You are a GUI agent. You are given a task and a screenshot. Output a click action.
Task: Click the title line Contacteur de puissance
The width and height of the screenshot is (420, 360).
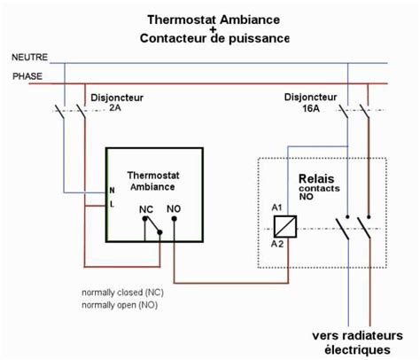pyautogui.click(x=214, y=38)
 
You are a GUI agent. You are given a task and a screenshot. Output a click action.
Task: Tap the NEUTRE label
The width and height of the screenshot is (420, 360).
pyautogui.click(x=29, y=57)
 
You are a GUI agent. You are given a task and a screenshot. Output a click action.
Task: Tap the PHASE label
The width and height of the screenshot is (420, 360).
pyautogui.click(x=27, y=76)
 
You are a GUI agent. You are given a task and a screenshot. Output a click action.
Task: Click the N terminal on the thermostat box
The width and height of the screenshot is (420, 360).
pyautogui.click(x=111, y=191)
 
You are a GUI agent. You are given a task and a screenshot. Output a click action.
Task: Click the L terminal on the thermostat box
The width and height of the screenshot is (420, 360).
pyautogui.click(x=111, y=204)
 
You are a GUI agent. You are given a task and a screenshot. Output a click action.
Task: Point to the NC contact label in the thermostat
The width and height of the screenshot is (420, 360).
pyautogui.click(x=146, y=211)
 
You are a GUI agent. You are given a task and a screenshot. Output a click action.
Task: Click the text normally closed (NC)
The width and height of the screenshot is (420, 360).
pyautogui.click(x=121, y=292)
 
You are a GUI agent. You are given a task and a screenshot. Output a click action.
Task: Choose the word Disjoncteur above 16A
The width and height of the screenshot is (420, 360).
pyautogui.click(x=310, y=95)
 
